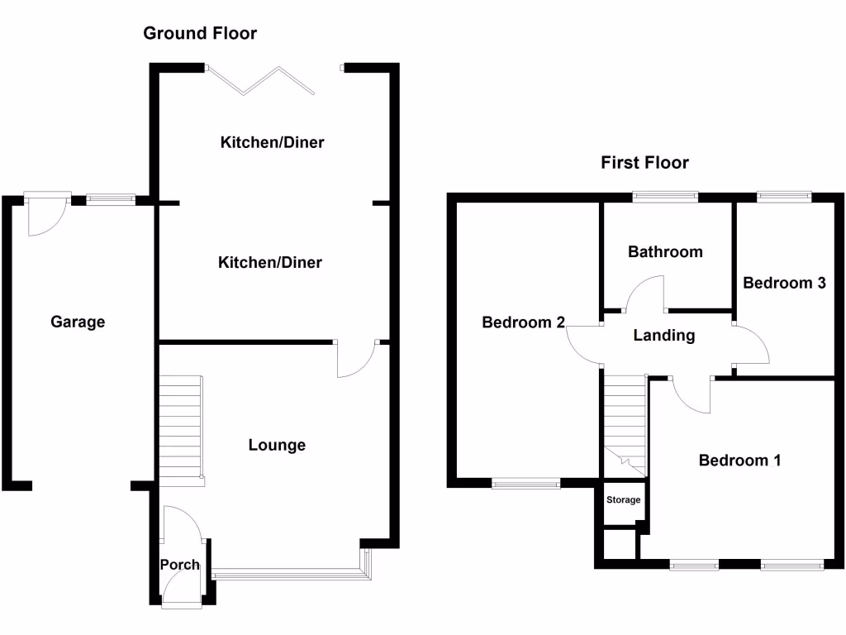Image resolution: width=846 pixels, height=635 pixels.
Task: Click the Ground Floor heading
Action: [x=200, y=34]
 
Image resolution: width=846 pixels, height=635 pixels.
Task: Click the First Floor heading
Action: [x=644, y=163]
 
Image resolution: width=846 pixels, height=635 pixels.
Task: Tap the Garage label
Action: [x=78, y=322]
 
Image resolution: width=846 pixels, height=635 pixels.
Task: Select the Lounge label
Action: [x=277, y=445]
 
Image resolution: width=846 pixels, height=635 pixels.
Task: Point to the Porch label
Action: [x=179, y=565]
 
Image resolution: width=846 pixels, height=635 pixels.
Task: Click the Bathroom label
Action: [x=665, y=251]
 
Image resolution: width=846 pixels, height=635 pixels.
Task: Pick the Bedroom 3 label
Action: [x=784, y=283]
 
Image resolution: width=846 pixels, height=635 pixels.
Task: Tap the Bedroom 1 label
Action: [x=739, y=461]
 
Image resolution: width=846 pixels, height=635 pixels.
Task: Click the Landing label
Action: [x=664, y=336]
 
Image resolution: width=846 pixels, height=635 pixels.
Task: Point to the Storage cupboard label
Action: [x=623, y=500]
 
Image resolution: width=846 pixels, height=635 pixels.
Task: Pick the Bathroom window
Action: [x=665, y=197]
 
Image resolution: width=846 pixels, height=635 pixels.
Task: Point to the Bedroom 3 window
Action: [x=784, y=197]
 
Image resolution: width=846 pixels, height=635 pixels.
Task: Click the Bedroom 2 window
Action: [x=526, y=484]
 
